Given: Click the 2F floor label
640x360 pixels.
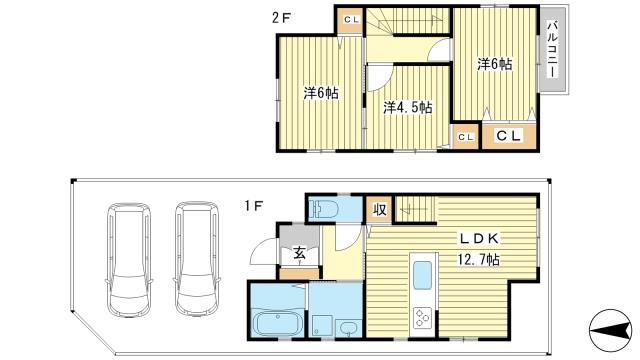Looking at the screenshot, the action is coord(282,19).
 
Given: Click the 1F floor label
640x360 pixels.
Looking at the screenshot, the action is coord(253,206).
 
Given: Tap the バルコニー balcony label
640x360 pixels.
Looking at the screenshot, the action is coord(552,49).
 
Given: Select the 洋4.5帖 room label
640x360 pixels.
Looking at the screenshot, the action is coord(407,107).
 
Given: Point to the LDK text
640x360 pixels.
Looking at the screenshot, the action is coord(479,239).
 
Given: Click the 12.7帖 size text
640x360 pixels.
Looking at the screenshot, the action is coord(479,259).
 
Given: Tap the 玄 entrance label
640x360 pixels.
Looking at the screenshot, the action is coord(299,253).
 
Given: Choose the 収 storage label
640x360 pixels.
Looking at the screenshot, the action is coord(379,210).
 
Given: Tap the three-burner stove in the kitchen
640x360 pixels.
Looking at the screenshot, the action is coord(422,318).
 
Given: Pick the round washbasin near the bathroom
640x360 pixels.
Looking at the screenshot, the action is coord(348,328).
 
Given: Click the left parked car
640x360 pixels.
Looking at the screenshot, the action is coord(129,260).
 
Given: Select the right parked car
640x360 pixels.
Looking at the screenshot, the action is coord(197,259).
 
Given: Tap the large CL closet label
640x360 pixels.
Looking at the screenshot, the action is coord(509,136).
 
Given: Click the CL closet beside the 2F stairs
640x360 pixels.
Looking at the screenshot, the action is coord(351,19).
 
